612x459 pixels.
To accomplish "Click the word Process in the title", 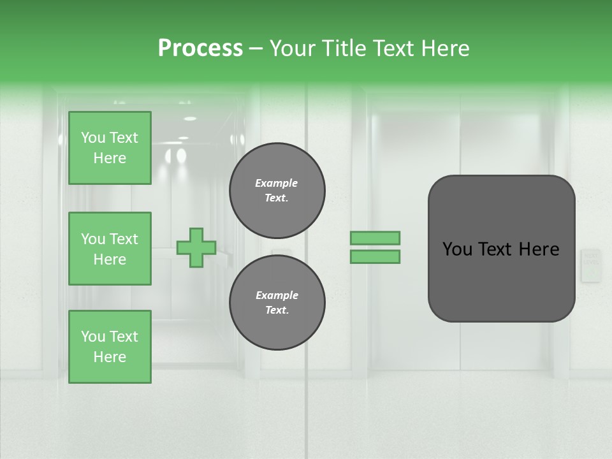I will [x=200, y=48].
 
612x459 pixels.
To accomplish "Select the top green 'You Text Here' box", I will [x=110, y=148].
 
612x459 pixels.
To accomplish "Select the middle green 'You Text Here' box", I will [x=110, y=249].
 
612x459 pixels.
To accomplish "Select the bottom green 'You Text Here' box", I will [x=110, y=347].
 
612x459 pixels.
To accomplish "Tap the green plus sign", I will [x=196, y=247].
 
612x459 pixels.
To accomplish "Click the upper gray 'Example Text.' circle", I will [x=277, y=191].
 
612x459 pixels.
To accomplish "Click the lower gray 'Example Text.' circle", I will [x=277, y=303].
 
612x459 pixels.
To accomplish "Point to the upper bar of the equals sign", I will [x=375, y=238].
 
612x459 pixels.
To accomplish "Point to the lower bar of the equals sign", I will [x=375, y=257].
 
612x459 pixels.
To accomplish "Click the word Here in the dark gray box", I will [x=539, y=249].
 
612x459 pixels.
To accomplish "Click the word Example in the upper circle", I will [x=277, y=183].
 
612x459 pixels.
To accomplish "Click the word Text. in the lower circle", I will [x=277, y=310].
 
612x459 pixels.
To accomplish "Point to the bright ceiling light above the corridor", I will [x=189, y=119].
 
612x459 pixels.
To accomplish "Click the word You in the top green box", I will [x=93, y=138].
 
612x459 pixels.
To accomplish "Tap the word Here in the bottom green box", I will [x=110, y=357].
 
